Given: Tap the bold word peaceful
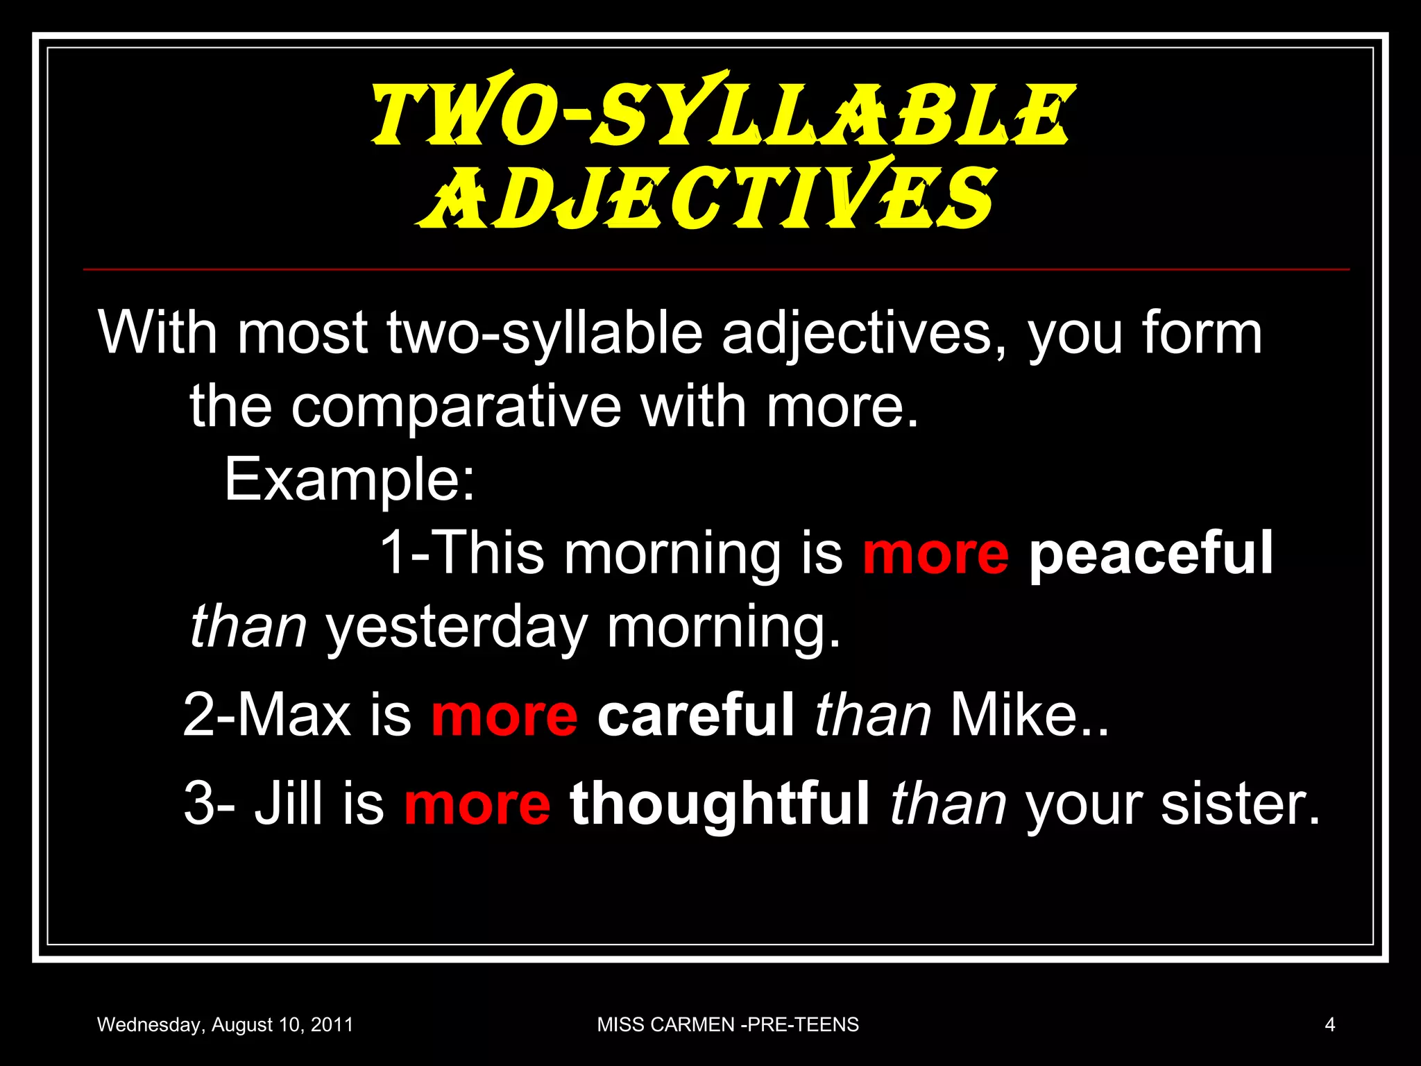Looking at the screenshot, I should tap(1151, 553).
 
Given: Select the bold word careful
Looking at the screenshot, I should tap(695, 715).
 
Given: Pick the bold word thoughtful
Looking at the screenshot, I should tap(720, 804).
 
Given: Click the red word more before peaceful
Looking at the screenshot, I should tap(935, 553).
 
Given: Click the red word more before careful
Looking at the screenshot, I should tap(504, 715).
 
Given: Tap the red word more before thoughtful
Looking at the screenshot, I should tap(477, 804).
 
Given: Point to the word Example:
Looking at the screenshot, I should tap(350, 480).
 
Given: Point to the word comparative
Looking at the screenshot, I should tap(456, 407).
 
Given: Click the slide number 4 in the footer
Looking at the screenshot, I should tap(1329, 1024).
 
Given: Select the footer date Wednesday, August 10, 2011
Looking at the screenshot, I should tap(225, 1024).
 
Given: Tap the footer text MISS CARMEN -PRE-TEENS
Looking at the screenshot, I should tap(728, 1024).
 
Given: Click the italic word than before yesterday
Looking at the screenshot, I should tap(248, 627).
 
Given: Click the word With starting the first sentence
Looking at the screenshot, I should tap(158, 333).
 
